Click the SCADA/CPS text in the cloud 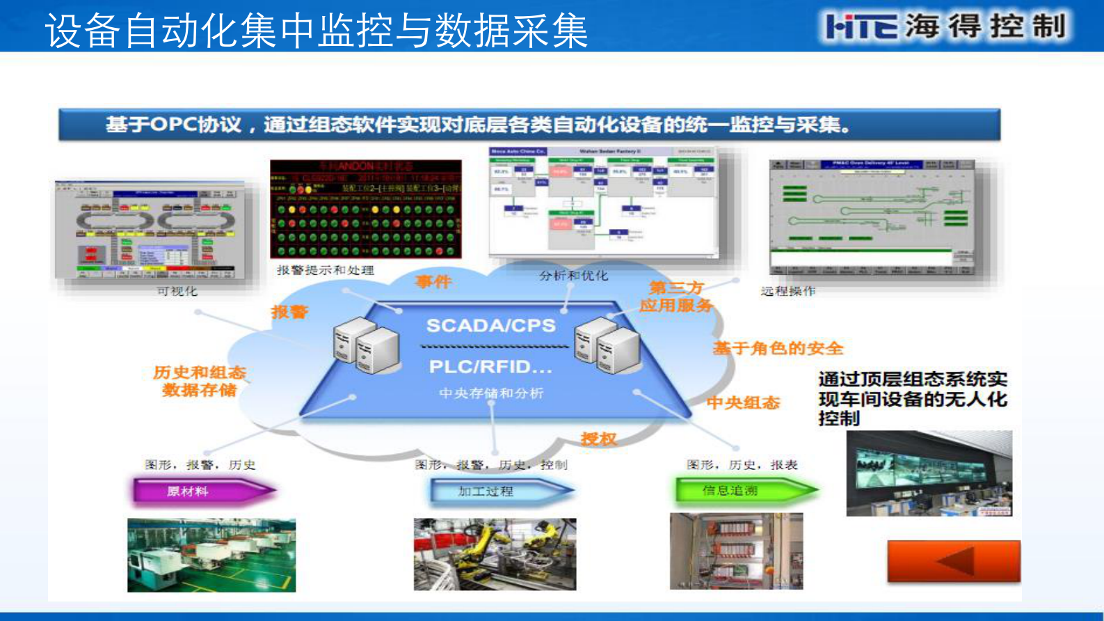click(x=490, y=325)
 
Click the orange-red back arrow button click(x=954, y=561)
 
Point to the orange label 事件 click(x=433, y=282)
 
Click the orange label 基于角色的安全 click(x=777, y=348)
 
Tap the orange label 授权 click(x=598, y=439)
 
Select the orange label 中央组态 click(x=743, y=402)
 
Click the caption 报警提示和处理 click(x=325, y=270)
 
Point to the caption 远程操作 click(x=787, y=291)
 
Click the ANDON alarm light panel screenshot click(x=366, y=209)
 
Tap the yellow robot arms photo click(x=495, y=554)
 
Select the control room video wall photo click(x=929, y=473)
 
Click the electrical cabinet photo click(x=736, y=551)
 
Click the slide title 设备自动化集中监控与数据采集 click(x=317, y=31)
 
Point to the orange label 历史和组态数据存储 click(x=200, y=381)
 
